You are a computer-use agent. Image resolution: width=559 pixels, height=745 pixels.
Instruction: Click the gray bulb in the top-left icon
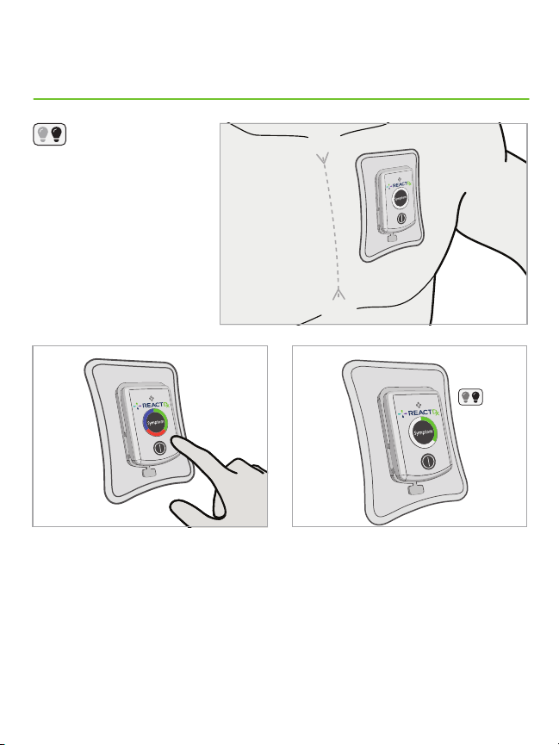coord(43,134)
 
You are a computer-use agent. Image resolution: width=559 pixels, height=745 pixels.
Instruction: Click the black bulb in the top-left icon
coord(57,134)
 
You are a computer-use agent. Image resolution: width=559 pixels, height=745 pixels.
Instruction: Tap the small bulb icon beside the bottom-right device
coord(470,397)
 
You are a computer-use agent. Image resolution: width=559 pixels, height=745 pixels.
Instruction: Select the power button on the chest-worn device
coord(401,219)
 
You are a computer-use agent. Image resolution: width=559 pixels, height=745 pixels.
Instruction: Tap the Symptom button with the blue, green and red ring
coord(155,423)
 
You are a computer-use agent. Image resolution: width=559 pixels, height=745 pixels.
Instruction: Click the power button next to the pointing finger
coord(159,448)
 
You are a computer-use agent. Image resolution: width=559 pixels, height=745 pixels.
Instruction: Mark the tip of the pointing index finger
coord(174,440)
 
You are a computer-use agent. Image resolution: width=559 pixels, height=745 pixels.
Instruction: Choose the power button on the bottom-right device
coord(428,461)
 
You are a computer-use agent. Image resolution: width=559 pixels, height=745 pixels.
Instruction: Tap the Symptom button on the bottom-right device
coord(423,433)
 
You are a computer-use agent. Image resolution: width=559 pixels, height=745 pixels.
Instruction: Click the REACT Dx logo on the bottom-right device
coord(419,412)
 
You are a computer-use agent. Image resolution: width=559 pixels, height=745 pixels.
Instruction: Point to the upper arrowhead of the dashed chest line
coord(324,158)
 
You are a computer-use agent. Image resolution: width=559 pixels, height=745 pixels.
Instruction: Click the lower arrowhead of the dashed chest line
coord(338,293)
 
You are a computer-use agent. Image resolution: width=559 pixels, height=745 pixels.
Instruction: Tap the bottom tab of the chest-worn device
coord(392,237)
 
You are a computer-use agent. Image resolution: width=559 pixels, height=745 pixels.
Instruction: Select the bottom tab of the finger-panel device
coord(149,472)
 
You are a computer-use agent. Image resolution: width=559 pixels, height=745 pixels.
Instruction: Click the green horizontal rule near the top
coord(281,99)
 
